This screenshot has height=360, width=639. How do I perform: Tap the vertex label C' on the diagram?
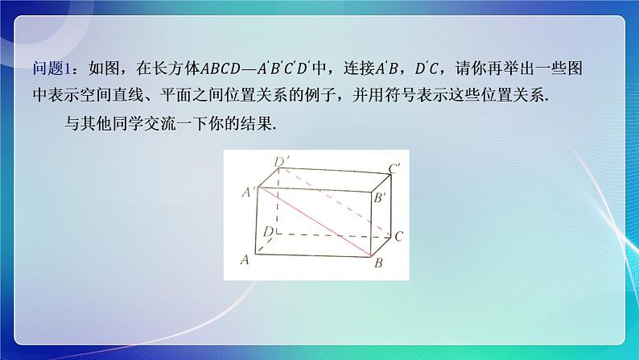395,169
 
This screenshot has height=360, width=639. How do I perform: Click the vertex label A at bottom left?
245,259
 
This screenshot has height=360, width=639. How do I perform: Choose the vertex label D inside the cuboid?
266,232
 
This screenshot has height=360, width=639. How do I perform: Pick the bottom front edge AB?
314,257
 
